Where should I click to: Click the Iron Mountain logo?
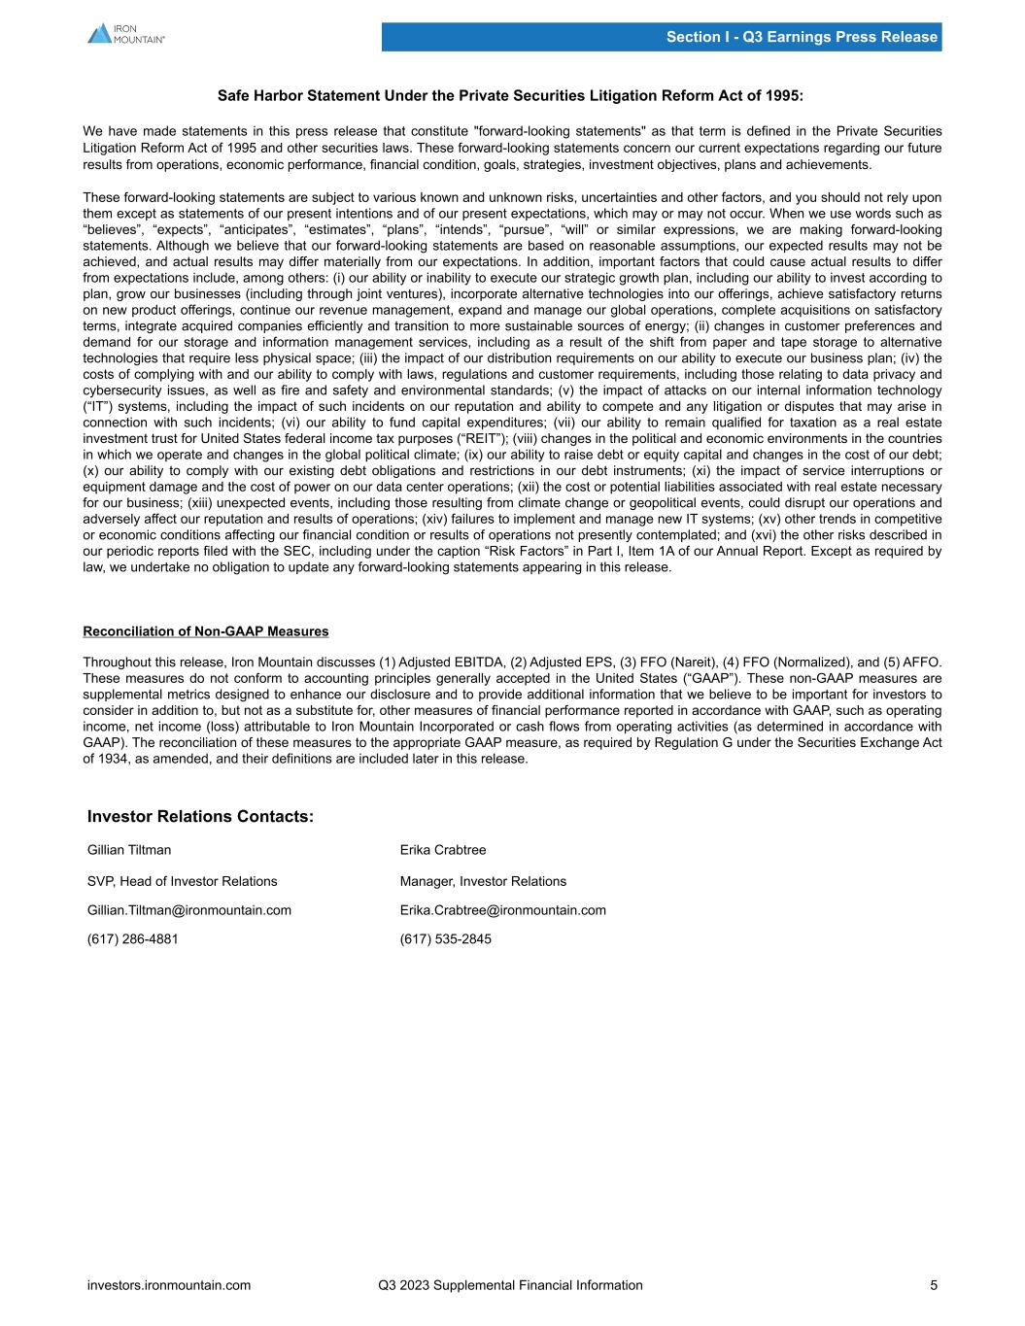pos(126,33)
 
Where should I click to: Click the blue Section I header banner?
pos(661,37)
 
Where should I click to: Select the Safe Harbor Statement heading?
pos(511,96)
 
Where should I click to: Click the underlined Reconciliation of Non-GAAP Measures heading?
pos(206,631)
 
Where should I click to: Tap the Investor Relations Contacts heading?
pos(200,816)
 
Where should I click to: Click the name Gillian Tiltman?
pos(129,850)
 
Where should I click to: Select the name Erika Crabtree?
pos(443,850)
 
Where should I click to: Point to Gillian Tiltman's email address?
pos(189,910)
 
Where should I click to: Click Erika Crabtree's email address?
pos(503,910)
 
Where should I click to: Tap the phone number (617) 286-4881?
pos(133,939)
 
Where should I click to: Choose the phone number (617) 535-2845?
pos(446,939)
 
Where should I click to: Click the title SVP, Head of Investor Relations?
pos(183,881)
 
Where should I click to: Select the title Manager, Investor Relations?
pos(483,881)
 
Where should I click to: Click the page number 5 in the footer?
pos(934,1285)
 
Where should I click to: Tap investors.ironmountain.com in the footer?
pos(169,1285)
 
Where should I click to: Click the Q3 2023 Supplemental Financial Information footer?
pos(510,1285)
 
